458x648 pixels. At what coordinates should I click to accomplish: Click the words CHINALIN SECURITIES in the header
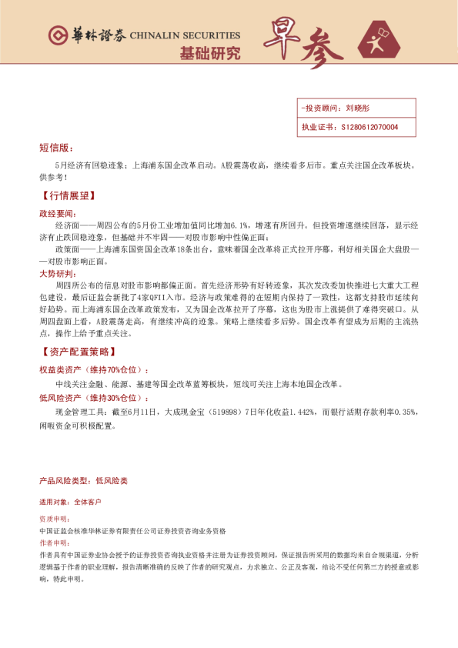pyautogui.click(x=185, y=35)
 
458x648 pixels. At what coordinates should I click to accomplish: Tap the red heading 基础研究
pyautogui.click(x=209, y=54)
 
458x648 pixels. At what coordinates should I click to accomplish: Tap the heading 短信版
pyautogui.click(x=56, y=147)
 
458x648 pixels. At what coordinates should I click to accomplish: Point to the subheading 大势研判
pyautogui.click(x=57, y=273)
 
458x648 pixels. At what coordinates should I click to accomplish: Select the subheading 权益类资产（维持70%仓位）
pyautogui.click(x=94, y=370)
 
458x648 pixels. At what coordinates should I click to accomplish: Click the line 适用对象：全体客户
pyautogui.click(x=70, y=502)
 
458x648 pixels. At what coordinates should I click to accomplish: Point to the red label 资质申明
pyautogui.click(x=54, y=519)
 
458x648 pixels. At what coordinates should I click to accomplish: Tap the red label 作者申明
pyautogui.click(x=54, y=543)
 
